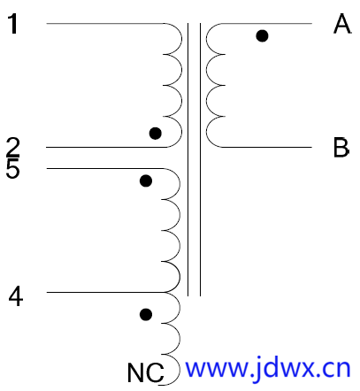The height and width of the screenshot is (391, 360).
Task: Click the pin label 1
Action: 13,24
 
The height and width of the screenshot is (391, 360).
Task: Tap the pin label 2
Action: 12,147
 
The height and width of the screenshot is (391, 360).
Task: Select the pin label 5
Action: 12,168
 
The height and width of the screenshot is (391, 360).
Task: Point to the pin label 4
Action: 16,296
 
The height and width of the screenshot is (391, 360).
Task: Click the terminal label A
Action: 342,24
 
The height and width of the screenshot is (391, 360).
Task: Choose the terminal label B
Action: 341,147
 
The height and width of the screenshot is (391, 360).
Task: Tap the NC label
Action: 145,372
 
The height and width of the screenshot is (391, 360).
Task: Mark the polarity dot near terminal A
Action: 262,36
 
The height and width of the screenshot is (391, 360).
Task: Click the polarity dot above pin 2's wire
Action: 156,134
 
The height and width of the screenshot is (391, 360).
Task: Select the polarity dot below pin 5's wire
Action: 146,180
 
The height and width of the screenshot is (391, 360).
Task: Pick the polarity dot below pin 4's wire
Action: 146,314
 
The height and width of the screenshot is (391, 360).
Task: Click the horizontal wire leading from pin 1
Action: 105,23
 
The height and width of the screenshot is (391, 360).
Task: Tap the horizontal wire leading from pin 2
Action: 106,147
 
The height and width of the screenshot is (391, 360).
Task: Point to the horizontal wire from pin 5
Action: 105,168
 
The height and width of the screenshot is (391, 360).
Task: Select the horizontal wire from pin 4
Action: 105,292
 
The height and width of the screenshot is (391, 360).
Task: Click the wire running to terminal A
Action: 266,23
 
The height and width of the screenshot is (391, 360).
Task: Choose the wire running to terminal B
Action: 266,147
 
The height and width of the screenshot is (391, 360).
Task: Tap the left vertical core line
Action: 188,159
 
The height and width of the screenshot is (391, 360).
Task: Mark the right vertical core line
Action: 200,159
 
